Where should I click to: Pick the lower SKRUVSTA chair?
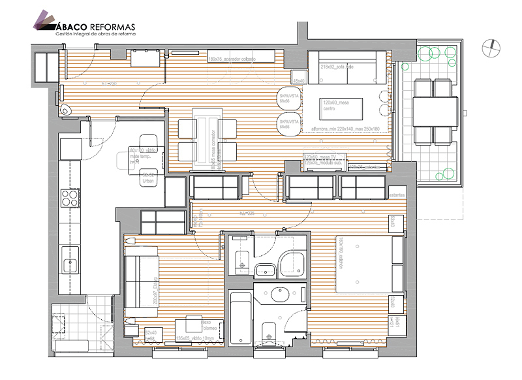(x=288, y=125)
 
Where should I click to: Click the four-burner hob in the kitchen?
(x=68, y=197)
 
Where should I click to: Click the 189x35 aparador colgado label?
(x=232, y=59)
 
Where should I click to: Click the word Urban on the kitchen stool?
(x=148, y=180)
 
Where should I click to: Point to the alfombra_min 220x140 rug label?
(x=345, y=129)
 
